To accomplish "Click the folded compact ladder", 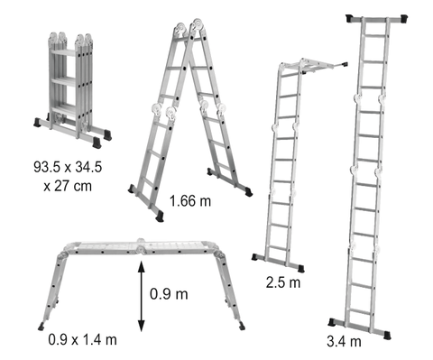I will click(72, 86).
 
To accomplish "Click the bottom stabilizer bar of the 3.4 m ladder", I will click(361, 325).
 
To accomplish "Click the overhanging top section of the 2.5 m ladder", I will click(316, 67).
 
